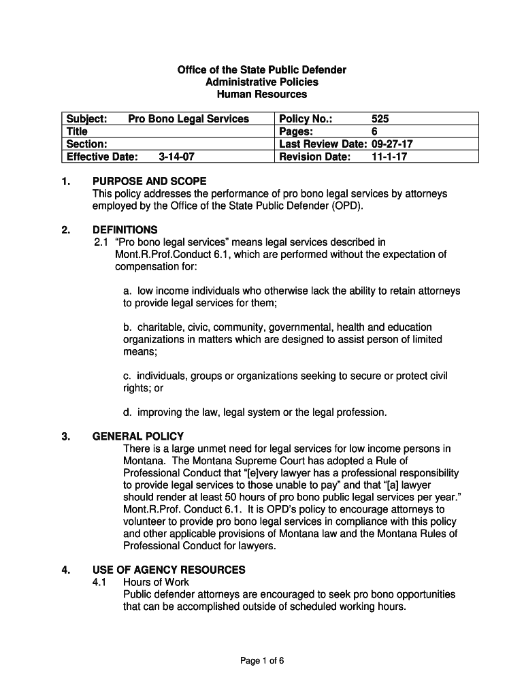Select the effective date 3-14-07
174,157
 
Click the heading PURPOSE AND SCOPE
149,182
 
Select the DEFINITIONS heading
125,230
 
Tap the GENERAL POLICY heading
138,436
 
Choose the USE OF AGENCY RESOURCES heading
169,570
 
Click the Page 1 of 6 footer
261,660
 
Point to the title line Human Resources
261,95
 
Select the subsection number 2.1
101,242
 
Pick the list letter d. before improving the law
127,412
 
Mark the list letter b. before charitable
127,327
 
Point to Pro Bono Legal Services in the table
189,119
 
